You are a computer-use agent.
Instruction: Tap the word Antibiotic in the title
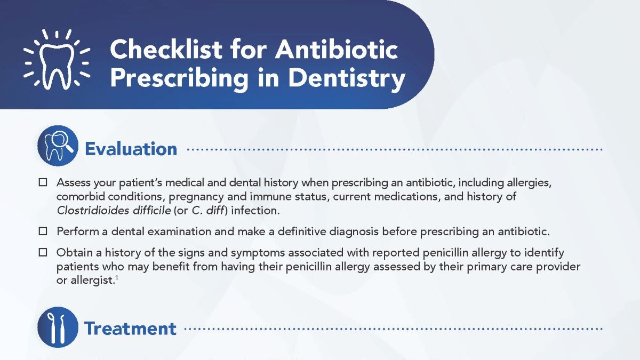(x=336, y=50)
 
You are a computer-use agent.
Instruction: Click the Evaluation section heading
(x=131, y=149)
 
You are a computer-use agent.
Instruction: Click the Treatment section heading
(x=130, y=328)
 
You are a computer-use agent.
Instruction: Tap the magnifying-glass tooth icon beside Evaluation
(x=58, y=146)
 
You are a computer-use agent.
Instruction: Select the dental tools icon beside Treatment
(x=58, y=326)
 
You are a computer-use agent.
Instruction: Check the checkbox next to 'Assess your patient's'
(x=43, y=182)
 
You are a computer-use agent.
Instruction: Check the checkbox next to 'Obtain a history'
(x=43, y=252)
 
